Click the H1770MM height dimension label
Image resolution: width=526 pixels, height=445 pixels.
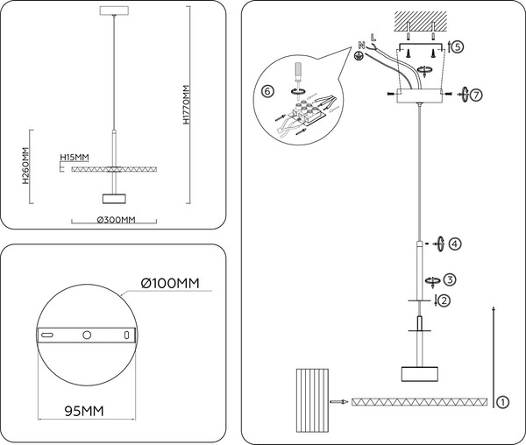pyautogui.click(x=187, y=105)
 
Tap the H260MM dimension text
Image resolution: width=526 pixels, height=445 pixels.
pyautogui.click(x=25, y=166)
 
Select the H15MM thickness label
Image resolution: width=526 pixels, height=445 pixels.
pyautogui.click(x=75, y=157)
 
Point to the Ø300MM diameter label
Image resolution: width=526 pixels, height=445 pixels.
pyautogui.click(x=116, y=220)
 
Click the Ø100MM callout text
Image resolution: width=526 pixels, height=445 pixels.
pyautogui.click(x=170, y=284)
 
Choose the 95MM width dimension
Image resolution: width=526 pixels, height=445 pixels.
pyautogui.click(x=84, y=411)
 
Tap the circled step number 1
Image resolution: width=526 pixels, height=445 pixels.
pyautogui.click(x=502, y=402)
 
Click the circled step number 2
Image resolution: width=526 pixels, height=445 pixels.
pyautogui.click(x=444, y=300)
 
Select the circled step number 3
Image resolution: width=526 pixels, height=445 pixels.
pyautogui.click(x=450, y=279)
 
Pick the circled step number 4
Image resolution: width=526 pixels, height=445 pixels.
pyautogui.click(x=454, y=244)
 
